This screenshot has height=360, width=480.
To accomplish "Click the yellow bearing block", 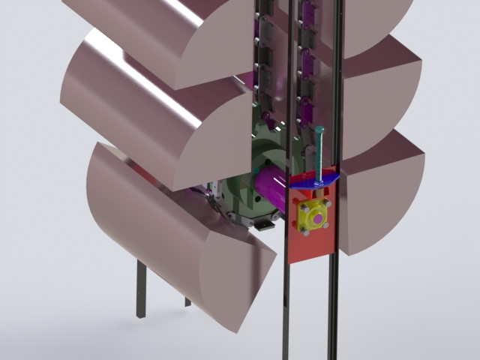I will (313, 218).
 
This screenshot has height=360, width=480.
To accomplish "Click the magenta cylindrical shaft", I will (266, 187).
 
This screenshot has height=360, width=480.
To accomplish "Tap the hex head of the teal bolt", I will (320, 130).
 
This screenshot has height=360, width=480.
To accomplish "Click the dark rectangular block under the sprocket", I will (263, 224).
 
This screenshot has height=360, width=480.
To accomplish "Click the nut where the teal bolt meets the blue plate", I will (320, 181).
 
